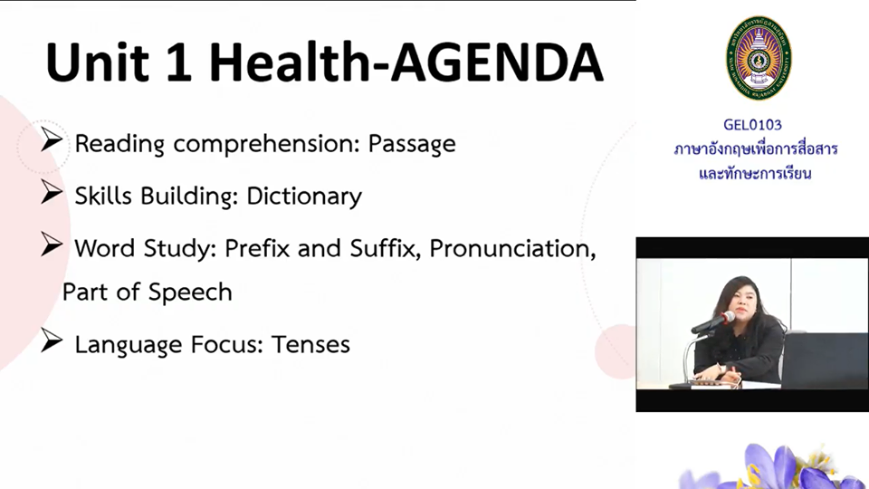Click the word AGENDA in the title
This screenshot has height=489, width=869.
point(497,62)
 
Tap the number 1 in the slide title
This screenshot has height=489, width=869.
point(178,62)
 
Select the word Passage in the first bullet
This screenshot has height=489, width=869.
point(412,144)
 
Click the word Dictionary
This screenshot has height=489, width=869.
point(304,197)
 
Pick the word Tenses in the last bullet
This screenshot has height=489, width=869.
point(310,344)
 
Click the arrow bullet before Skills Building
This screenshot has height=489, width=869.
point(52,192)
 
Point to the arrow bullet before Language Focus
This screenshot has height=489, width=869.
point(52,340)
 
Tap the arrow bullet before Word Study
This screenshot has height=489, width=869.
point(52,244)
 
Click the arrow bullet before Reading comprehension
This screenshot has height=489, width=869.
point(52,139)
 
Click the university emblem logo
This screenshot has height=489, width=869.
point(759,58)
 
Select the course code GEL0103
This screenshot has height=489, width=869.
point(752,125)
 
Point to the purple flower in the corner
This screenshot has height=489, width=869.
point(776,467)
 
